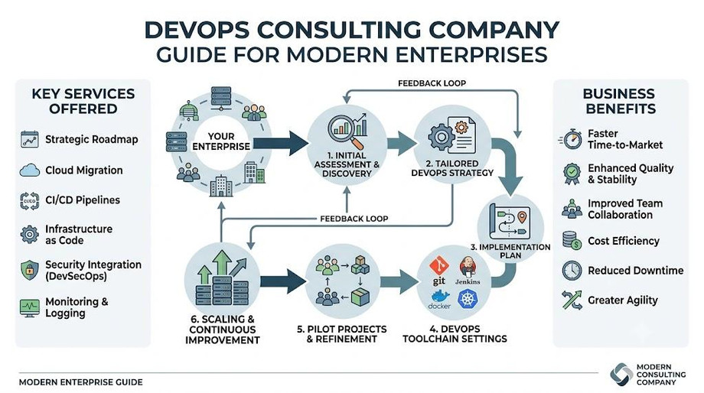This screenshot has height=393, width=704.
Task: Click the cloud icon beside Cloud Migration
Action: coord(30,170)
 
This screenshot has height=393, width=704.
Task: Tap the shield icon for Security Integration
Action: coord(30,270)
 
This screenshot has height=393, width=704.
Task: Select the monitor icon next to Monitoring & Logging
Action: coord(30,308)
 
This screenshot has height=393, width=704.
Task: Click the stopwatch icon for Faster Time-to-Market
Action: coord(571,139)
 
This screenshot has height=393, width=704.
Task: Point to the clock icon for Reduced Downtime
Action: coord(572,271)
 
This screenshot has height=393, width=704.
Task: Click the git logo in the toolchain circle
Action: coord(438,271)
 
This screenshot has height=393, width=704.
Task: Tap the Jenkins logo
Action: coord(468,271)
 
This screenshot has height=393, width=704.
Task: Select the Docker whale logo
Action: coord(439,300)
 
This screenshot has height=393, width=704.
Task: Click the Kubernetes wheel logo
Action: coord(468,299)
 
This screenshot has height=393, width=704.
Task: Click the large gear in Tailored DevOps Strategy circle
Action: coord(441,136)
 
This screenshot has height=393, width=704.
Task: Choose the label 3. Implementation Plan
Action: coord(510,252)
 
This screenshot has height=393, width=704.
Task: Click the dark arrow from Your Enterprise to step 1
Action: coord(281,144)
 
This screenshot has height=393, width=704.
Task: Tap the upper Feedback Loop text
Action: coord(432,83)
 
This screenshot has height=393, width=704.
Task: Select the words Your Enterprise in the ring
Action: coord(221,141)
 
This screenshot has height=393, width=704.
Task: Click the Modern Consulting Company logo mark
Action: coord(621,374)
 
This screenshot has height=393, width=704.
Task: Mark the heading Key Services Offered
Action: coord(83,101)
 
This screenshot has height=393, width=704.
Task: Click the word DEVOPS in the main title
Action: coord(197,30)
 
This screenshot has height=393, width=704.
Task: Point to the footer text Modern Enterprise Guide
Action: coord(81,382)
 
